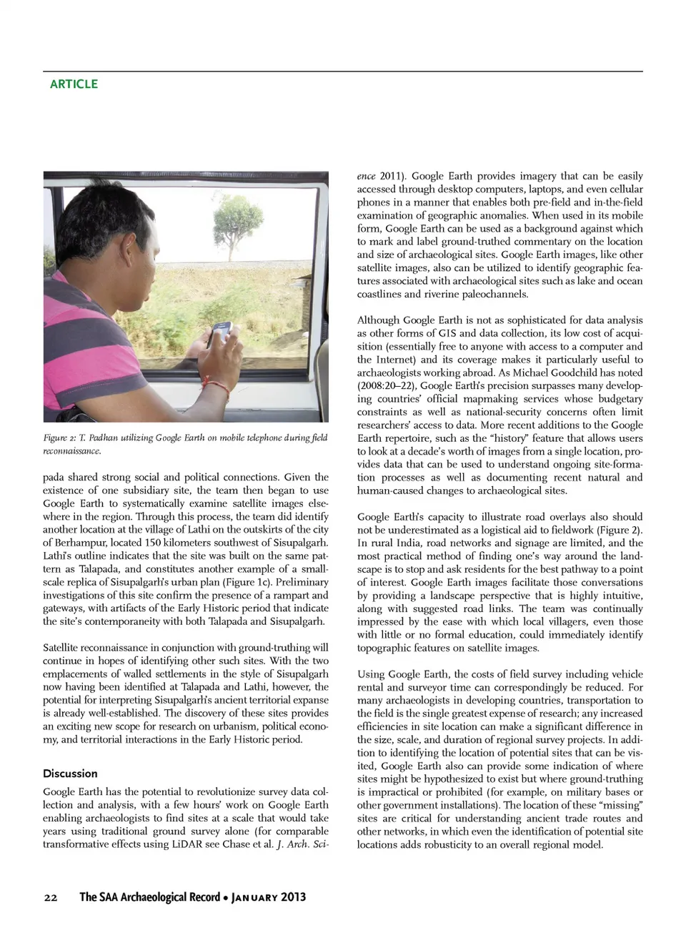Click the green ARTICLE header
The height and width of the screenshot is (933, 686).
(74, 84)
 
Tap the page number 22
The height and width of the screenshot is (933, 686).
(50, 897)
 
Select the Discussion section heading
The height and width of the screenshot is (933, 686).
(70, 774)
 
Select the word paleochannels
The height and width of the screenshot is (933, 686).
(495, 294)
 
